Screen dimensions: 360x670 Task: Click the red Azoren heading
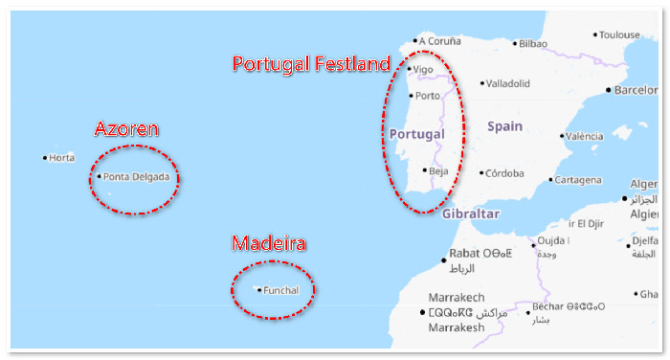(126, 129)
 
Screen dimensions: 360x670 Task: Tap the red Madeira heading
(269, 244)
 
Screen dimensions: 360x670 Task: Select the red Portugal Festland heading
(312, 64)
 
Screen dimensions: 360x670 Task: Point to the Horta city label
(61, 158)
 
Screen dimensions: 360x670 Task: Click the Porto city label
(428, 96)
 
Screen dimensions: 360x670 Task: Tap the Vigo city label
(422, 69)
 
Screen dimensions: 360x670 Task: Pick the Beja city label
(438, 171)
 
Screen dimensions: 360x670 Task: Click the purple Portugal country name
(417, 133)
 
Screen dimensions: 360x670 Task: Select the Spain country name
(504, 126)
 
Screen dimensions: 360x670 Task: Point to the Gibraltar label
(471, 214)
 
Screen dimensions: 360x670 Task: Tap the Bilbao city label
(533, 43)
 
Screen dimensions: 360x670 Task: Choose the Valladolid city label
(507, 83)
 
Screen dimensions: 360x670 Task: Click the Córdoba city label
(504, 173)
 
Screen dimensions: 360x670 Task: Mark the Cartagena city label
(581, 180)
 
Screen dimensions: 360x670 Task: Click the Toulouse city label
(619, 34)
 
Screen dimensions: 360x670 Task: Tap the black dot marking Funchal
(259, 290)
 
